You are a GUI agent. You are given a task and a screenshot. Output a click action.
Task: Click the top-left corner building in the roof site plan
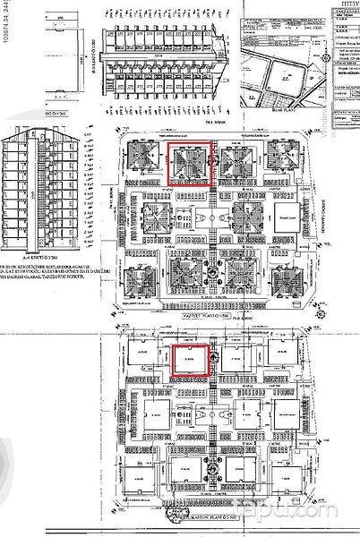[x=145, y=161]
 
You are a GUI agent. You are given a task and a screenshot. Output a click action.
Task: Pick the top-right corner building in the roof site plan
[x=281, y=161]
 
